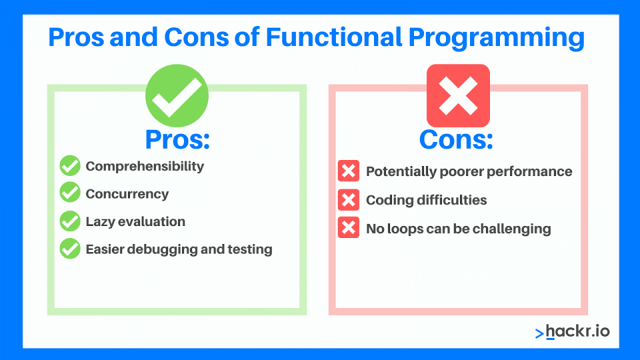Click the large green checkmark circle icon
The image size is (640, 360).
click(177, 95)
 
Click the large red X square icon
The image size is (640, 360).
click(458, 95)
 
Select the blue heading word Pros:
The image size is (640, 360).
click(177, 139)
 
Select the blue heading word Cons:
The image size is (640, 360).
click(456, 139)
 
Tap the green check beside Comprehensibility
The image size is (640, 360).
click(70, 166)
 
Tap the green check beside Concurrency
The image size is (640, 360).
click(70, 193)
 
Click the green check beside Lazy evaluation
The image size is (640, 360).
click(70, 221)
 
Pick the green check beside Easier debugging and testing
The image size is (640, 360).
click(70, 249)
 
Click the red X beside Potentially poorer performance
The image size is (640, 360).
click(348, 171)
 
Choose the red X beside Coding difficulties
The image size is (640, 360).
click(348, 200)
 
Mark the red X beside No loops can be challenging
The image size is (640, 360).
click(348, 229)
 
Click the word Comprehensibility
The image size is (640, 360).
click(145, 166)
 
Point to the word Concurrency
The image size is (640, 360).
click(127, 194)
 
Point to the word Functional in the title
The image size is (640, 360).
click(333, 37)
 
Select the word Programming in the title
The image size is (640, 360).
click(497, 37)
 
